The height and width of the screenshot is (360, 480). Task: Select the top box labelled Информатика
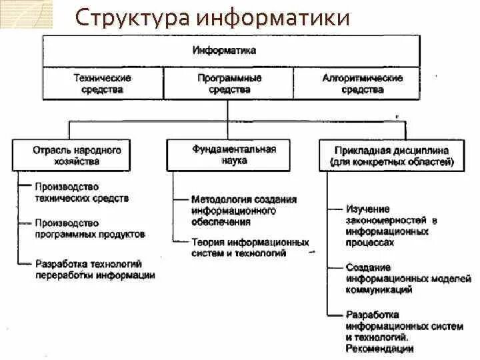click(231, 50)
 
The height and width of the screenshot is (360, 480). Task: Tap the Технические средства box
click(102, 83)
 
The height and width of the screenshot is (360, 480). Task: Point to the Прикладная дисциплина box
click(392, 156)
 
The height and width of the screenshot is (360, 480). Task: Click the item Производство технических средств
click(82, 192)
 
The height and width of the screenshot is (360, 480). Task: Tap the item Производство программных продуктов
click(90, 229)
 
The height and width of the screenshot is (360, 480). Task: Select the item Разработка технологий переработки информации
click(95, 269)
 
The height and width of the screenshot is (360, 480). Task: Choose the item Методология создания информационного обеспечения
click(243, 211)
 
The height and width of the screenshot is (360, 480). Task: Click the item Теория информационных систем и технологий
click(249, 247)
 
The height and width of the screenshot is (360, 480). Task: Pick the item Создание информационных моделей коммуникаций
click(407, 279)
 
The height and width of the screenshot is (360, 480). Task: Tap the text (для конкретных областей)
click(392, 162)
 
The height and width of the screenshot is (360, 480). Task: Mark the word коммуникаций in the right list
click(379, 289)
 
